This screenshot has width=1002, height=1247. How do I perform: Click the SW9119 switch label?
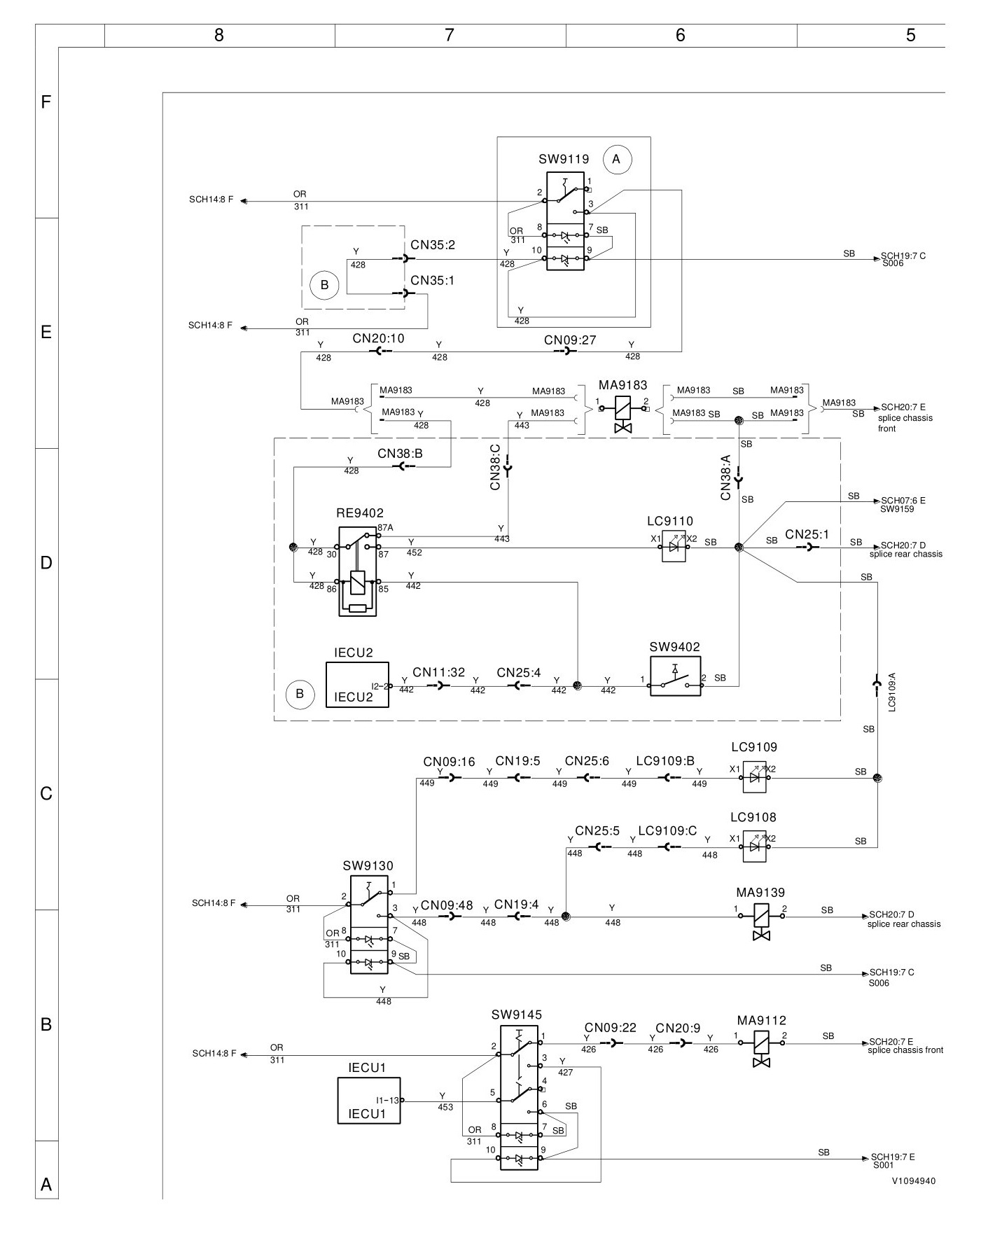click(x=564, y=159)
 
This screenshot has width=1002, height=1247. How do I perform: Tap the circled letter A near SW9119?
click(x=616, y=159)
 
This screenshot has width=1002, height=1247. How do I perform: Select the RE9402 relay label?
click(x=360, y=513)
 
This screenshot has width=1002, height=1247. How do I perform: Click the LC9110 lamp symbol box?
click(x=674, y=548)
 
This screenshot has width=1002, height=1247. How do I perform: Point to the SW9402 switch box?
click(x=675, y=676)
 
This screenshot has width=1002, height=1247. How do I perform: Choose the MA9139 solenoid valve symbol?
click(x=760, y=921)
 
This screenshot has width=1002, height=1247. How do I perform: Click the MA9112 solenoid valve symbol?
click(x=761, y=1049)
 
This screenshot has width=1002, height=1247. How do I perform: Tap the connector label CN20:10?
click(x=378, y=338)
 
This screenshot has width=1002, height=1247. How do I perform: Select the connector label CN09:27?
click(x=570, y=340)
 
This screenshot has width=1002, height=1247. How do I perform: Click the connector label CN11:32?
click(x=438, y=672)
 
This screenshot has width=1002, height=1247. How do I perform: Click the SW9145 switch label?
click(x=517, y=1015)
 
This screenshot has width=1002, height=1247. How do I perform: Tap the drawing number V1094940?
click(x=914, y=1180)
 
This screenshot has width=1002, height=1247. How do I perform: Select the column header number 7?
click(x=450, y=35)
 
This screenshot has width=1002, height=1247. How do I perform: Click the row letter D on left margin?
click(x=46, y=563)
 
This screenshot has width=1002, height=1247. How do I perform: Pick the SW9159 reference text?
click(x=897, y=509)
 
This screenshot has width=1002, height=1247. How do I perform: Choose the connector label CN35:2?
click(x=433, y=245)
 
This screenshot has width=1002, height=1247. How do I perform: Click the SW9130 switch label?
click(x=368, y=865)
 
